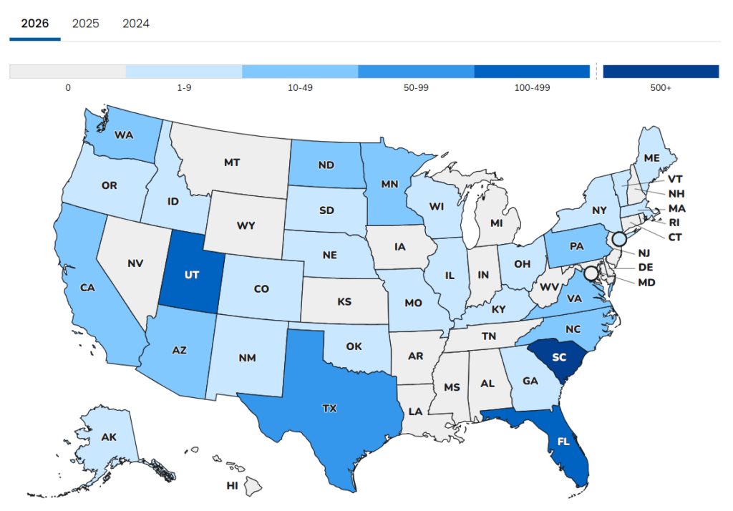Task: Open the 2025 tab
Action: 85,24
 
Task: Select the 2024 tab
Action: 136,24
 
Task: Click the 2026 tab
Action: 35,24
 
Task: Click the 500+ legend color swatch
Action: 660,71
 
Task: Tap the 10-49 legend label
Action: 300,88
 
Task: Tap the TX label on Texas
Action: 329,409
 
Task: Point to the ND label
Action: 326,165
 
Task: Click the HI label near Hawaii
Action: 232,485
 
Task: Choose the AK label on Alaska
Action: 110,437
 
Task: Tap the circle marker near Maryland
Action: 591,273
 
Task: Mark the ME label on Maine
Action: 651,157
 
